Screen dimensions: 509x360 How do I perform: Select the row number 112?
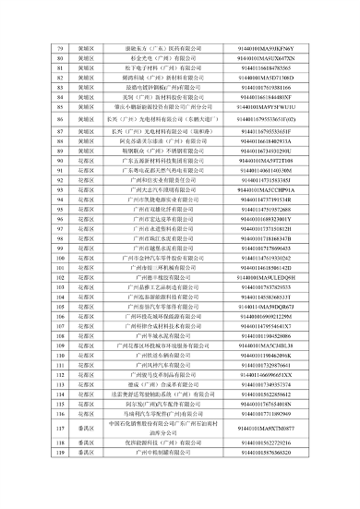tap(58, 355)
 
